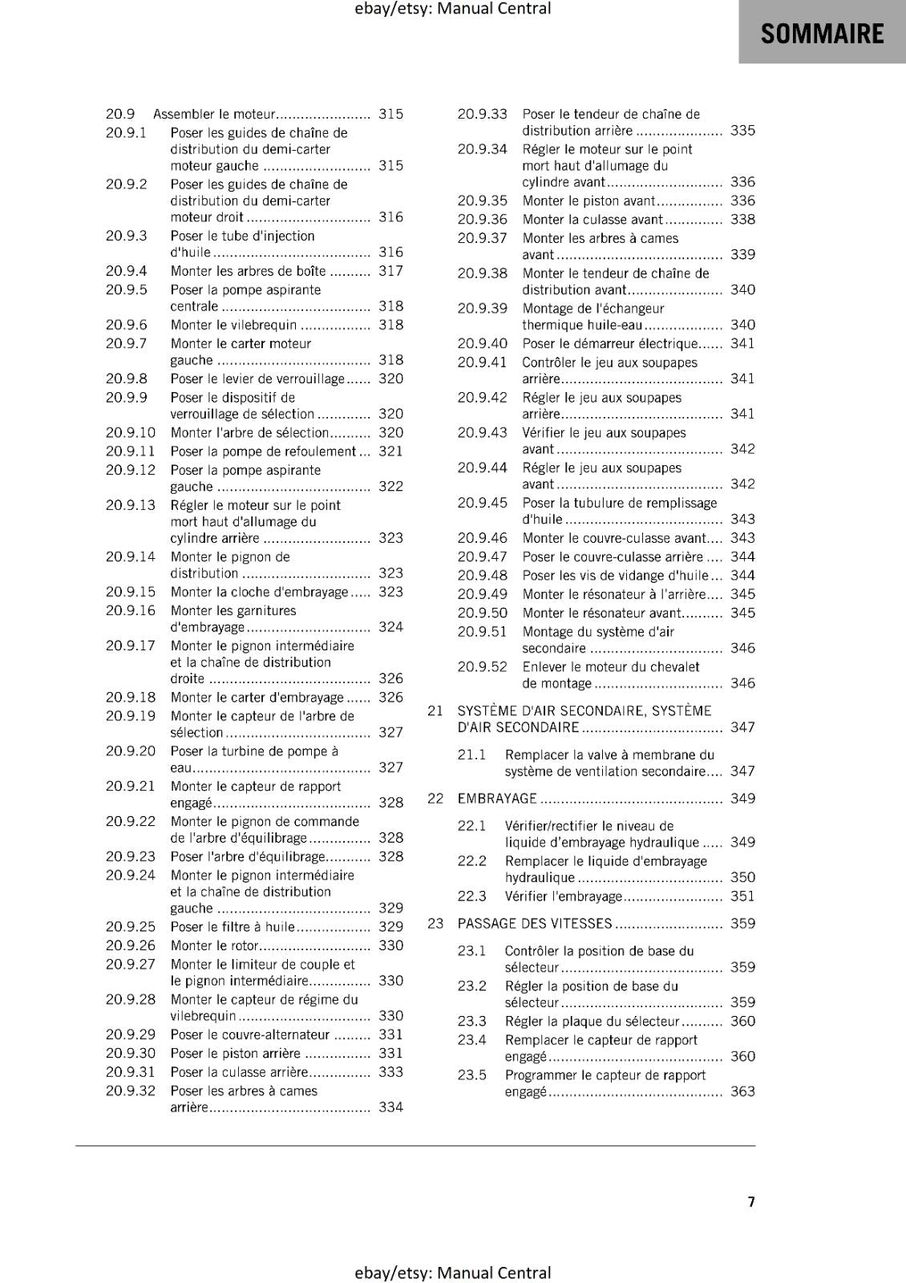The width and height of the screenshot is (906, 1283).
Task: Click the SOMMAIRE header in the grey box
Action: [822, 34]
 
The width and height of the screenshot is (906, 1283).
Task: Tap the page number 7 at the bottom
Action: [750, 1201]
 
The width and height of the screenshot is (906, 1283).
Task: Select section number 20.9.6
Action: [127, 325]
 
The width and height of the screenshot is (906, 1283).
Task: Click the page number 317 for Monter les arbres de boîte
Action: [390, 271]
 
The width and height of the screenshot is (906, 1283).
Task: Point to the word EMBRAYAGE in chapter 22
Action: [497, 799]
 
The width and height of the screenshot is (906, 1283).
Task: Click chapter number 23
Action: [435, 924]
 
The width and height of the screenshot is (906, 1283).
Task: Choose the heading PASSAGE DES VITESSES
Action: [535, 924]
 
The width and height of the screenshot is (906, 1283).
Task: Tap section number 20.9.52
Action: [482, 667]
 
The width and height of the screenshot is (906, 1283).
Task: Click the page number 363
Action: [742, 1091]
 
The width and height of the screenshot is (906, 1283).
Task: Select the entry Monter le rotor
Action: [214, 945]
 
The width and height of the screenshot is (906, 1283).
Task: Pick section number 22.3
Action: [472, 896]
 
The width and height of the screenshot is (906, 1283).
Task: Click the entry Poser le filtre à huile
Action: [233, 927]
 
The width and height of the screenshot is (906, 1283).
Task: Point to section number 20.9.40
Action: [482, 344]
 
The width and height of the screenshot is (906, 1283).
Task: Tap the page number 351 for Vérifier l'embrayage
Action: [742, 896]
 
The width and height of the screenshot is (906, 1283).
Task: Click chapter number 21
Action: [435, 710]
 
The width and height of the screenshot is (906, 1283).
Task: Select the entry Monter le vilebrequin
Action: [233, 325]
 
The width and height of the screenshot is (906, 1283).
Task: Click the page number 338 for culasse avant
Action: [742, 220]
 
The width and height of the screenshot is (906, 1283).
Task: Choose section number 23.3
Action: [472, 1022]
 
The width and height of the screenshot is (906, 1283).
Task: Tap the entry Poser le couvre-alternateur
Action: [249, 1034]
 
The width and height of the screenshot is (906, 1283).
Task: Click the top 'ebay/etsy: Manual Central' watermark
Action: [453, 9]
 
